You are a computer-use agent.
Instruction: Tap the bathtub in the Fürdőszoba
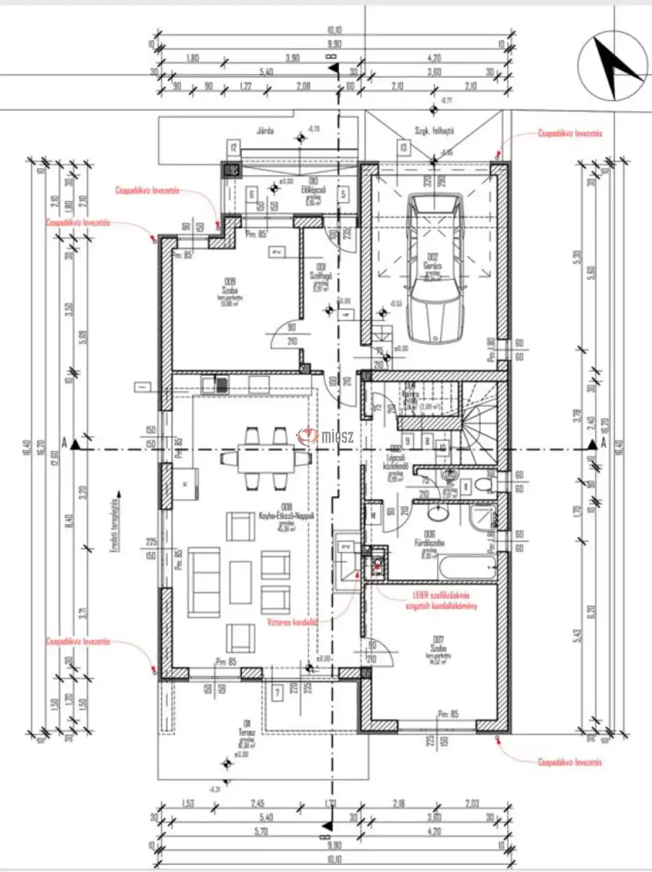pyautogui.click(x=467, y=564)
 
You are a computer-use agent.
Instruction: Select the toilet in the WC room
pyautogui.click(x=482, y=485)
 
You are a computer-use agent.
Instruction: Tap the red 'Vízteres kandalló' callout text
pyautogui.click(x=291, y=622)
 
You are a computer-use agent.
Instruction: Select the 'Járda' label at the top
pyautogui.click(x=265, y=130)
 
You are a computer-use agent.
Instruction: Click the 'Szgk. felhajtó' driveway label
pyautogui.click(x=434, y=130)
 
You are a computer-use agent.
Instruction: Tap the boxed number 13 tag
pyautogui.click(x=404, y=148)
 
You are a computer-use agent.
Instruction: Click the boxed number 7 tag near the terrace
pyautogui.click(x=278, y=692)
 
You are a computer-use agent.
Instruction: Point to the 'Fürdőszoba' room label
pyautogui.click(x=430, y=542)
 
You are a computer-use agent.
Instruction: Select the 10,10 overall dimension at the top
pyautogui.click(x=334, y=30)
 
